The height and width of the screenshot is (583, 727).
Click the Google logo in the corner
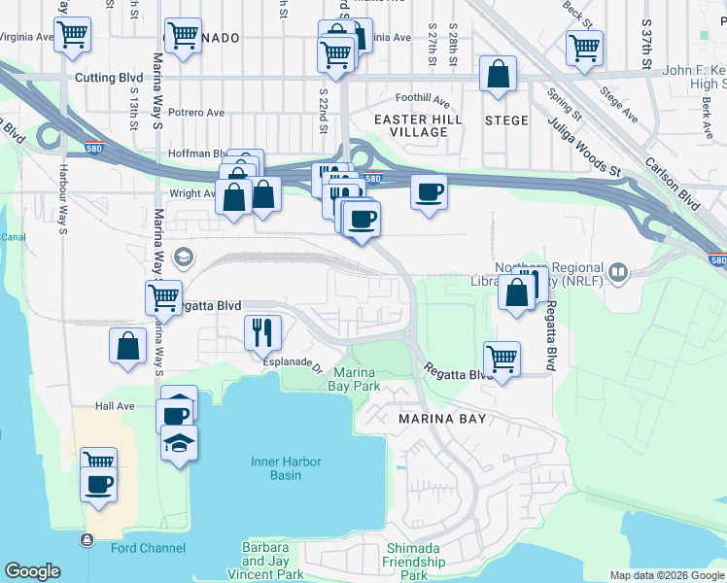33,571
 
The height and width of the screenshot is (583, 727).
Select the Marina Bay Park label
357,379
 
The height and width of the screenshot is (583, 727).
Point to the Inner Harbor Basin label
285,468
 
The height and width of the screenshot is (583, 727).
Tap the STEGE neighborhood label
506,120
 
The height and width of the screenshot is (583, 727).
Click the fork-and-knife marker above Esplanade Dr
261,332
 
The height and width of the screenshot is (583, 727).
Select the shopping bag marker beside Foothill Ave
498,75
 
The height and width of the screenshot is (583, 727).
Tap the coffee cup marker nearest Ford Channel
99,484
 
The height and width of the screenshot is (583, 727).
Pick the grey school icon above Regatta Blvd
181,257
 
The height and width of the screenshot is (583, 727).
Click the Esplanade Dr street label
293,366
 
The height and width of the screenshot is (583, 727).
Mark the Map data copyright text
666,575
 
